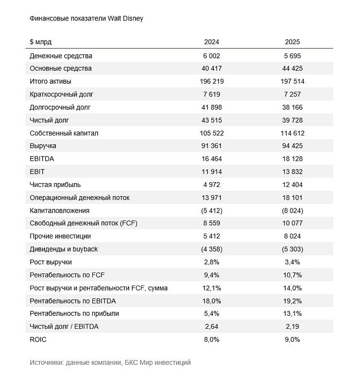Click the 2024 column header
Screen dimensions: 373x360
[211, 42]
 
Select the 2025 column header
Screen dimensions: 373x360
[292, 42]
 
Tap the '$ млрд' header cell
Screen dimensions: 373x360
[40, 42]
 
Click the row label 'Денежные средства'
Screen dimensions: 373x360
[61, 56]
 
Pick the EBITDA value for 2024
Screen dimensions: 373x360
[211, 159]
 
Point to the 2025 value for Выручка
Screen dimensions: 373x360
[292, 146]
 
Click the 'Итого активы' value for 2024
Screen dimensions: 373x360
[211, 82]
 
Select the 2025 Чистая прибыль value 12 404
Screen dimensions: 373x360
[292, 185]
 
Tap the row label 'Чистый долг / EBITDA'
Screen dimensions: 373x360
[64, 326]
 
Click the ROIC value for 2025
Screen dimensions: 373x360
[292, 339]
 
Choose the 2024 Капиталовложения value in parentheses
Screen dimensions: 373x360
[211, 210]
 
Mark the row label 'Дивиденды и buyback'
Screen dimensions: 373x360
[64, 249]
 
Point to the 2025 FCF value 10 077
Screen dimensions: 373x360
[292, 223]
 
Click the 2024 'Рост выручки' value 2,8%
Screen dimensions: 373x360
[211, 262]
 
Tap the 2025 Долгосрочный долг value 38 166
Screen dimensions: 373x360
[292, 107]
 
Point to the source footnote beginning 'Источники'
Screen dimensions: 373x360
[110, 362]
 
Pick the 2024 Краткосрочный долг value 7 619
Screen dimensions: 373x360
[211, 94]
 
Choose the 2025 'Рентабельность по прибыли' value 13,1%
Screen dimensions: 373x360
[292, 313]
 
